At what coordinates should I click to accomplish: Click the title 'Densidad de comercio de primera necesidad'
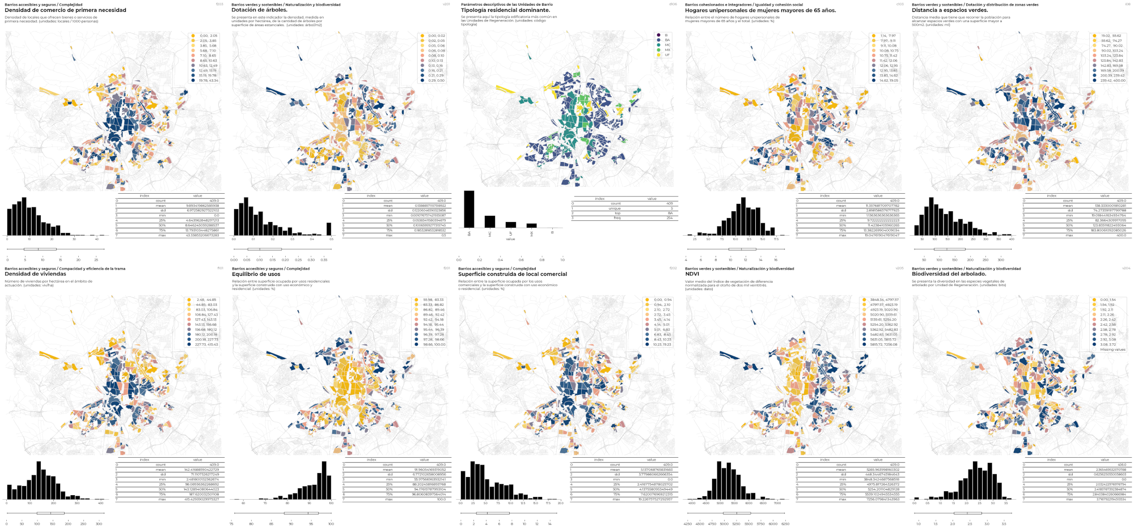(65, 10)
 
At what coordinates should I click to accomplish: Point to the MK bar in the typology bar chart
(531, 225)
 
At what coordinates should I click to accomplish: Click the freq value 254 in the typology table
(670, 218)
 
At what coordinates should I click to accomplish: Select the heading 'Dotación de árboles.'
(260, 10)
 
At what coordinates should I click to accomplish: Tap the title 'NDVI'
(692, 274)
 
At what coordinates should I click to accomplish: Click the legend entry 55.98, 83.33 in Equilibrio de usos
(433, 300)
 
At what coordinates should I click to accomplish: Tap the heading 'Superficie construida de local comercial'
(512, 274)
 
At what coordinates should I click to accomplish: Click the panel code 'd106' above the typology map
(673, 4)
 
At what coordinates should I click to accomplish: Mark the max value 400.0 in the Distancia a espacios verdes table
(1121, 235)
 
